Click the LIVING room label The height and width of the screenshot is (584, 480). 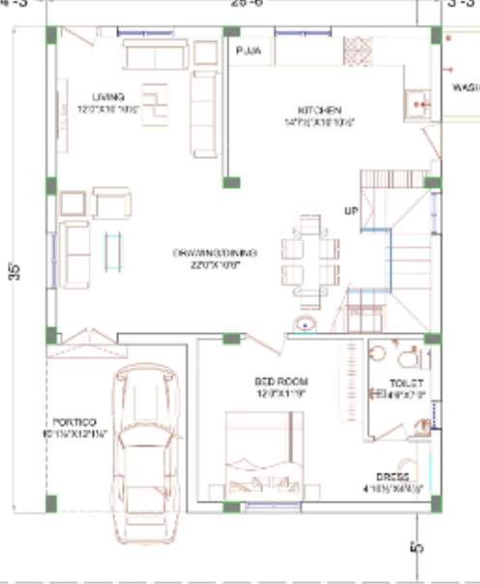[x=108, y=97]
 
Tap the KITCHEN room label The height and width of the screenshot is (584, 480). [x=315, y=110]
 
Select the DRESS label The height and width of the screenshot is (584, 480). [x=393, y=476]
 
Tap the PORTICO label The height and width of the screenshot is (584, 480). [x=75, y=422]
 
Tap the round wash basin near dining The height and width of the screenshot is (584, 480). [x=306, y=325]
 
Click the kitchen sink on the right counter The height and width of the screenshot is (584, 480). [x=418, y=103]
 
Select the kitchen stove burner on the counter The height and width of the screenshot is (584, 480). [x=356, y=50]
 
